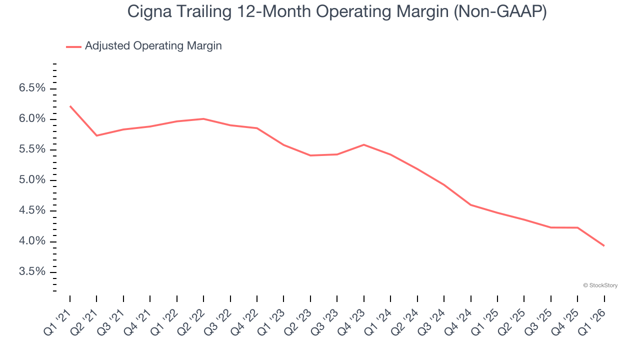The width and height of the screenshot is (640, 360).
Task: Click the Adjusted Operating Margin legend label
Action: (153, 46)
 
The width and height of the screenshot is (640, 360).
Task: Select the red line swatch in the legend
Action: (73, 46)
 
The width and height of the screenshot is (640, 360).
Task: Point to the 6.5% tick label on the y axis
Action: (32, 88)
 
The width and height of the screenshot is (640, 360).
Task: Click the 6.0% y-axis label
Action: (32, 119)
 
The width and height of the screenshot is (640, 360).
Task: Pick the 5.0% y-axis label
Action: (32, 180)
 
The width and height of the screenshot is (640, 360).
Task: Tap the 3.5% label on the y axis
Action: (32, 272)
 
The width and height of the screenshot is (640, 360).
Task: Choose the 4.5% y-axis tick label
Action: (32, 211)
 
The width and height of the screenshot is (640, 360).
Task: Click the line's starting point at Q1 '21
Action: (70, 106)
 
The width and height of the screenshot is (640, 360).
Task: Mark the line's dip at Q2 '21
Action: (96, 135)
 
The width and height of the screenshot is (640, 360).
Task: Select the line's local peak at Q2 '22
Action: (203, 118)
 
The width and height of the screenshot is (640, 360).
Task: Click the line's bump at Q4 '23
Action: (363, 144)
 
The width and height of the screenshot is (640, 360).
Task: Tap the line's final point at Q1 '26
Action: (604, 245)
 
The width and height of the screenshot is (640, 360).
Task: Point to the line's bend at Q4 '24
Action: (470, 204)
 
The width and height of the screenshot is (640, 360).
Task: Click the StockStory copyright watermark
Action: (600, 285)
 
